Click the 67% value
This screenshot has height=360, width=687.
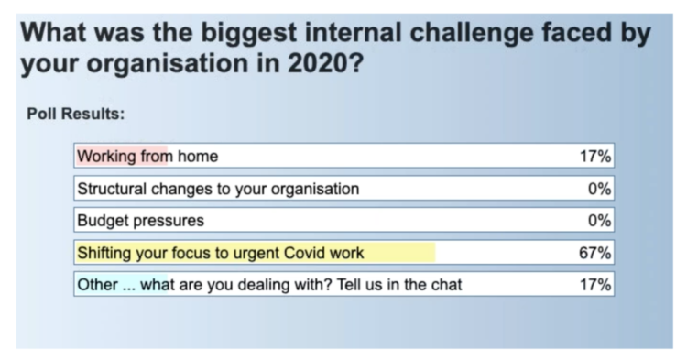click(595, 253)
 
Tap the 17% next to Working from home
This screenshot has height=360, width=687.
click(595, 156)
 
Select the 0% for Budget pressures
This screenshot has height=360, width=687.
click(599, 220)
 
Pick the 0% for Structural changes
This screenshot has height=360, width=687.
click(599, 189)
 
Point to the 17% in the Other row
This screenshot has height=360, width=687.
click(595, 285)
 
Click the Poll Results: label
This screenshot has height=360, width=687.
click(76, 114)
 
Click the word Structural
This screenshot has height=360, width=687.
click(111, 189)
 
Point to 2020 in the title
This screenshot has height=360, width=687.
click(325, 63)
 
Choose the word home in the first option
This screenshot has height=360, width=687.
click(198, 156)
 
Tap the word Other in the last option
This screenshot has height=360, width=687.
click(97, 285)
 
